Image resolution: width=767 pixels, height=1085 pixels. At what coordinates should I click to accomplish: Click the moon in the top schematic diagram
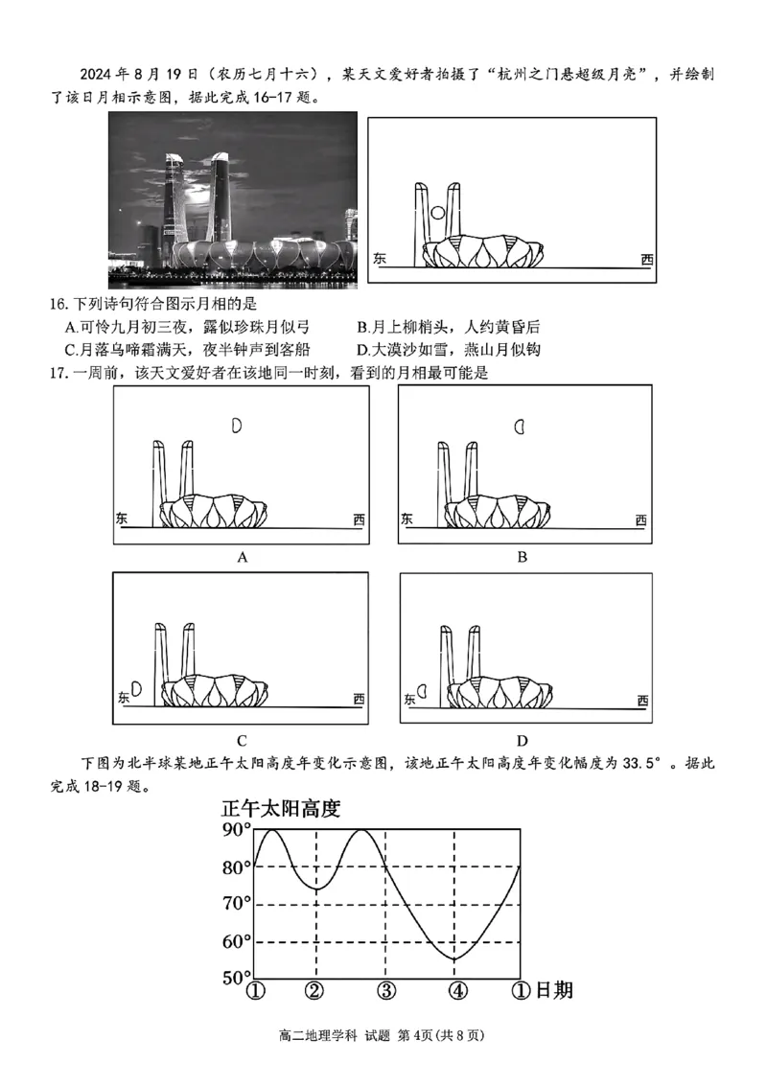(x=437, y=214)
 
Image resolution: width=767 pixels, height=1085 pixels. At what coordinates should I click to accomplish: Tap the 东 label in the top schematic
(x=380, y=259)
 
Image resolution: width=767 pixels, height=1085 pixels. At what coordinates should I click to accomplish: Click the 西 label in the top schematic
(x=647, y=259)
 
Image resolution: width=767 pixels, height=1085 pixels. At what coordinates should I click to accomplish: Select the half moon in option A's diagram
(x=237, y=426)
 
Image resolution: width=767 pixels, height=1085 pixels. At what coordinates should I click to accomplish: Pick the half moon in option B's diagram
(x=520, y=427)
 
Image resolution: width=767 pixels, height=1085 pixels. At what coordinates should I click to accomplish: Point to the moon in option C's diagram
(x=136, y=688)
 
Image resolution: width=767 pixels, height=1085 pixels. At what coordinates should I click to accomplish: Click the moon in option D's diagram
(x=422, y=689)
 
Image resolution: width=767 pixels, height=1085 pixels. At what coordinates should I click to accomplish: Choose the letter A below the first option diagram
(x=243, y=556)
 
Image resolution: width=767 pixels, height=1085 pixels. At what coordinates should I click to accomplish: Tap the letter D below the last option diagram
(x=523, y=739)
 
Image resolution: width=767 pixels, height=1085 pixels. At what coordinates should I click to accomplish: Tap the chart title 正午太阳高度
(x=280, y=808)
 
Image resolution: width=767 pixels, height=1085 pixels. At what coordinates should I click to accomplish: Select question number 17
(x=59, y=373)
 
